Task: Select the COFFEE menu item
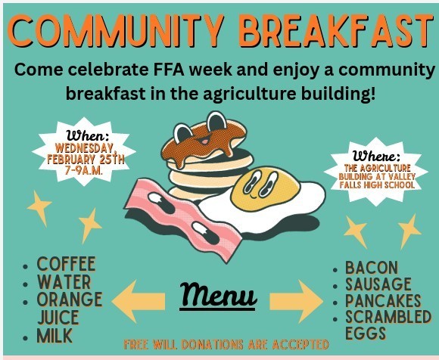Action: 67,265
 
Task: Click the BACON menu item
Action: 370,268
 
